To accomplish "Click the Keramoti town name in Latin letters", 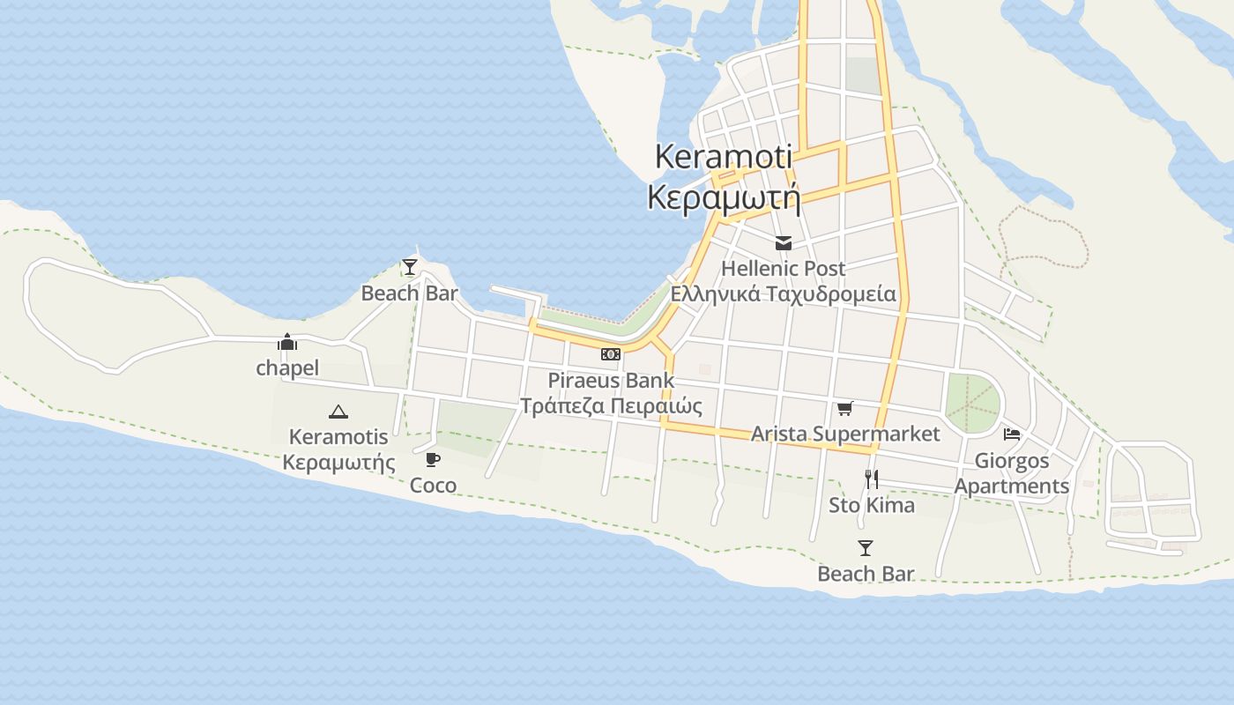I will [x=723, y=158].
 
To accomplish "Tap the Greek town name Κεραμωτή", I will [x=723, y=197].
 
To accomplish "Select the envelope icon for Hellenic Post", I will [x=783, y=243].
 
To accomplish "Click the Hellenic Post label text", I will [x=783, y=268].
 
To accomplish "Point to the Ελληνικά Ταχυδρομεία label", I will [x=783, y=293].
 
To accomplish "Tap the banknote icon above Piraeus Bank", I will [x=611, y=354].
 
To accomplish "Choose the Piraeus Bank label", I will [x=611, y=381].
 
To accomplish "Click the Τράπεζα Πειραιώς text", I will [x=611, y=405].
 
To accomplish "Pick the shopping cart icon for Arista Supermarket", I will [x=845, y=408].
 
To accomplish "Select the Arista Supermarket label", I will [x=845, y=434].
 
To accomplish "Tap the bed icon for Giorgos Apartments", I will [x=1012, y=434].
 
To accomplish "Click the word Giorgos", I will [x=1012, y=460].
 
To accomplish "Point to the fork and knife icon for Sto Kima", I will [x=872, y=479].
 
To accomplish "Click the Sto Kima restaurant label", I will [x=872, y=505].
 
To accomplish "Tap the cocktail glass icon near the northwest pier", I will [x=409, y=266].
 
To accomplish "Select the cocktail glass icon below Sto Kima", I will [x=866, y=548].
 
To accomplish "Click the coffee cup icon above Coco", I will [x=433, y=459].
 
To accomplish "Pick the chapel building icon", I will [x=287, y=342].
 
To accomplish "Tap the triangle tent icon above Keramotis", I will [x=338, y=411].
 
